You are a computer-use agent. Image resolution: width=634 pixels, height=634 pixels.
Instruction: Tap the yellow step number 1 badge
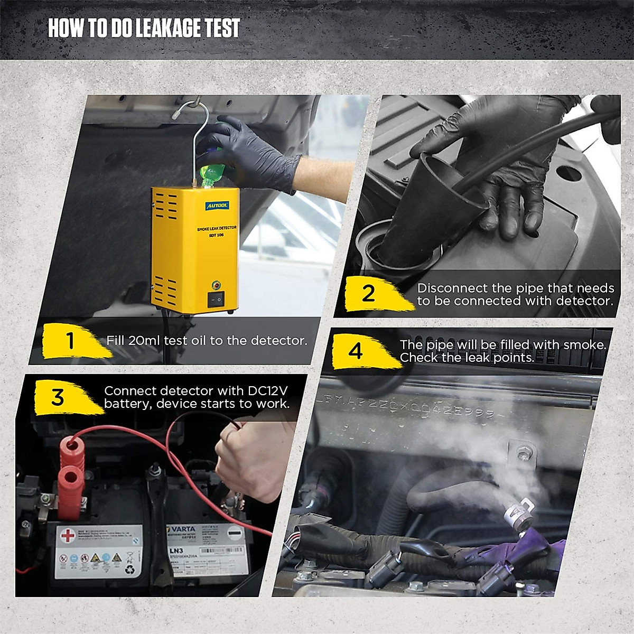[70, 341]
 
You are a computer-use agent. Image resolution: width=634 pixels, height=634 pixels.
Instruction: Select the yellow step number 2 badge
[369, 293]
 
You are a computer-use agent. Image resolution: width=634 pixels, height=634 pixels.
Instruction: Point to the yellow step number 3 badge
[58, 397]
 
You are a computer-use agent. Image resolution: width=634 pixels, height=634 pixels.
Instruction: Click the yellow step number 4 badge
[356, 351]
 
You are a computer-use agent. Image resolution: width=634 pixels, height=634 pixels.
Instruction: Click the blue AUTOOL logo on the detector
[218, 205]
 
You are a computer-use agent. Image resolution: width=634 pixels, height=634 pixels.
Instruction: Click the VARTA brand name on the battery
[183, 529]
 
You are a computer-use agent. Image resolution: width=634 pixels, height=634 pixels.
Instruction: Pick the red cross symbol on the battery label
[68, 536]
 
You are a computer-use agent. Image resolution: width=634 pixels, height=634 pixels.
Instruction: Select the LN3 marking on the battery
[176, 552]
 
